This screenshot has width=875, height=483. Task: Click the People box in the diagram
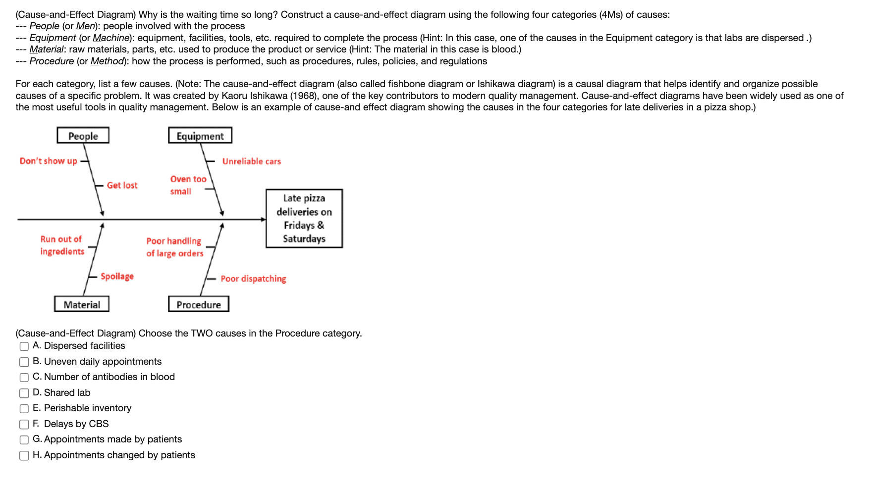pyautogui.click(x=83, y=136)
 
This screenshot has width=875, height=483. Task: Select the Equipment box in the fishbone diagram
pyautogui.click(x=200, y=136)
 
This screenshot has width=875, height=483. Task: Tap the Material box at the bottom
pyautogui.click(x=82, y=304)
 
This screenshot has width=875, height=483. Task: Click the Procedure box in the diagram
pyautogui.click(x=199, y=304)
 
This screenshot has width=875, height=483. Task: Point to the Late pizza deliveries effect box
pyautogui.click(x=304, y=218)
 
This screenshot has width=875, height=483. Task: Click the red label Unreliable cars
pyautogui.click(x=251, y=161)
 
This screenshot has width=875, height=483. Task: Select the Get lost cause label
pyautogui.click(x=122, y=185)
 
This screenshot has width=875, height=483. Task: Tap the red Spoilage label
pyautogui.click(x=117, y=276)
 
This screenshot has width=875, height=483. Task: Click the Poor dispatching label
pyautogui.click(x=253, y=279)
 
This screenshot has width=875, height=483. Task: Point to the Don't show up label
pyautogui.click(x=49, y=161)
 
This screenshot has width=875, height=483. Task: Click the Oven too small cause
pyautogui.click(x=188, y=185)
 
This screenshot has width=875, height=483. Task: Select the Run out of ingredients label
pyautogui.click(x=62, y=245)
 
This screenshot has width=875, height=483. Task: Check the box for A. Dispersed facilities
pyautogui.click(x=24, y=346)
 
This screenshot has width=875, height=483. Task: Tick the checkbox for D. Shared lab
pyautogui.click(x=24, y=393)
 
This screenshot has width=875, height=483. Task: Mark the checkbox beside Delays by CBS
pyautogui.click(x=24, y=425)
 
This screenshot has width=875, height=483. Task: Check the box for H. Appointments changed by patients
pyautogui.click(x=24, y=456)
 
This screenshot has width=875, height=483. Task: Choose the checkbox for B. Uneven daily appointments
pyautogui.click(x=24, y=362)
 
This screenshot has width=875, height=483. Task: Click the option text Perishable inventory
pyautogui.click(x=88, y=408)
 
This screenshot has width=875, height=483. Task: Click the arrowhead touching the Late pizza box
pyautogui.click(x=264, y=219)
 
